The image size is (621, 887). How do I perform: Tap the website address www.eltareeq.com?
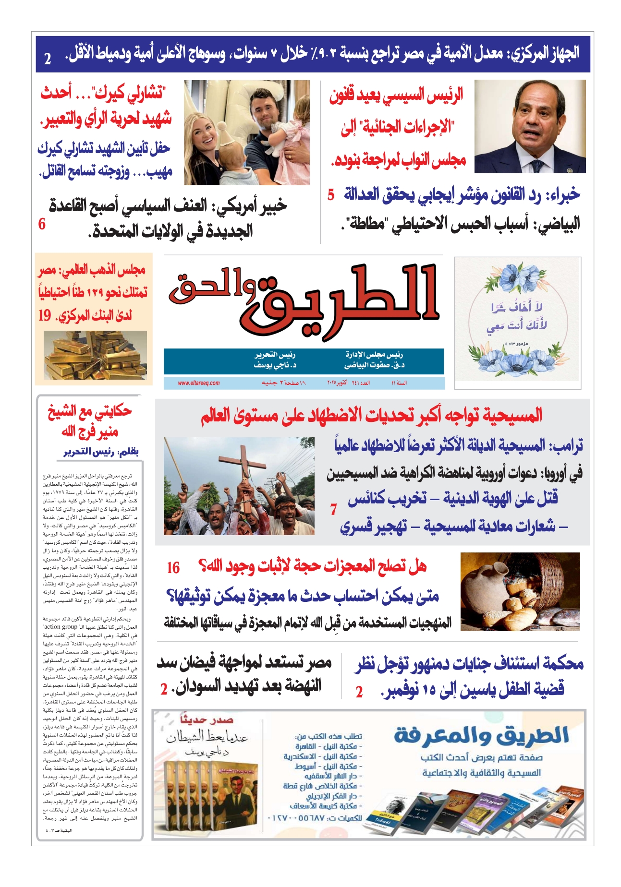point(199,383)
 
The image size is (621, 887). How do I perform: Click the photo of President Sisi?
point(530,126)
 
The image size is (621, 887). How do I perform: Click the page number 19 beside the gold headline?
point(45,315)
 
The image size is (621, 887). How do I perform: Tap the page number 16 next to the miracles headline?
point(173,568)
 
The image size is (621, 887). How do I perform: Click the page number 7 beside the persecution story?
point(333,510)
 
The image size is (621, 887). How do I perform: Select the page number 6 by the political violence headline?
point(42,224)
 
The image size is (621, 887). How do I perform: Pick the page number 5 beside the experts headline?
point(331,195)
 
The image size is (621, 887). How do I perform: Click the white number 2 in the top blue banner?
point(48,59)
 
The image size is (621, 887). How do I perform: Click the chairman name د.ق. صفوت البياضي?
point(374,365)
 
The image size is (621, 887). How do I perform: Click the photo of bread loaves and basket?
point(520,591)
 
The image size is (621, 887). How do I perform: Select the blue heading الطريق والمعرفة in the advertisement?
point(481,735)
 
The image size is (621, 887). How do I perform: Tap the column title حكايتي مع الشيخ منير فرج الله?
point(89,421)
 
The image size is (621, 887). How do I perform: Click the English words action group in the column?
point(61,627)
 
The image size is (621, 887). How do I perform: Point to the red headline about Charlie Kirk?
point(106,105)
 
